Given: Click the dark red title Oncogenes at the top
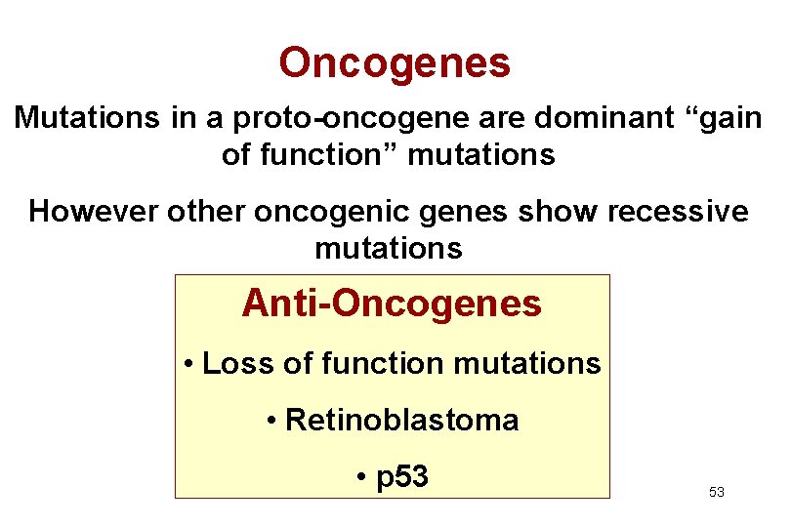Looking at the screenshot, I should [x=395, y=63].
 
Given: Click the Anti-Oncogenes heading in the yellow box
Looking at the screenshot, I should [x=392, y=304].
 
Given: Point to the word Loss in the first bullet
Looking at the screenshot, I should [x=233, y=364].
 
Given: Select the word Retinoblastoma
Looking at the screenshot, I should [x=402, y=421].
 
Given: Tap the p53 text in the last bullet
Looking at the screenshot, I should [x=402, y=478].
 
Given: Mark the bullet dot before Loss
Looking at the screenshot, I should [x=188, y=365].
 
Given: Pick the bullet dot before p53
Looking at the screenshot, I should [x=361, y=478].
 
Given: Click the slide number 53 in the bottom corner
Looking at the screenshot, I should [x=717, y=493].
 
